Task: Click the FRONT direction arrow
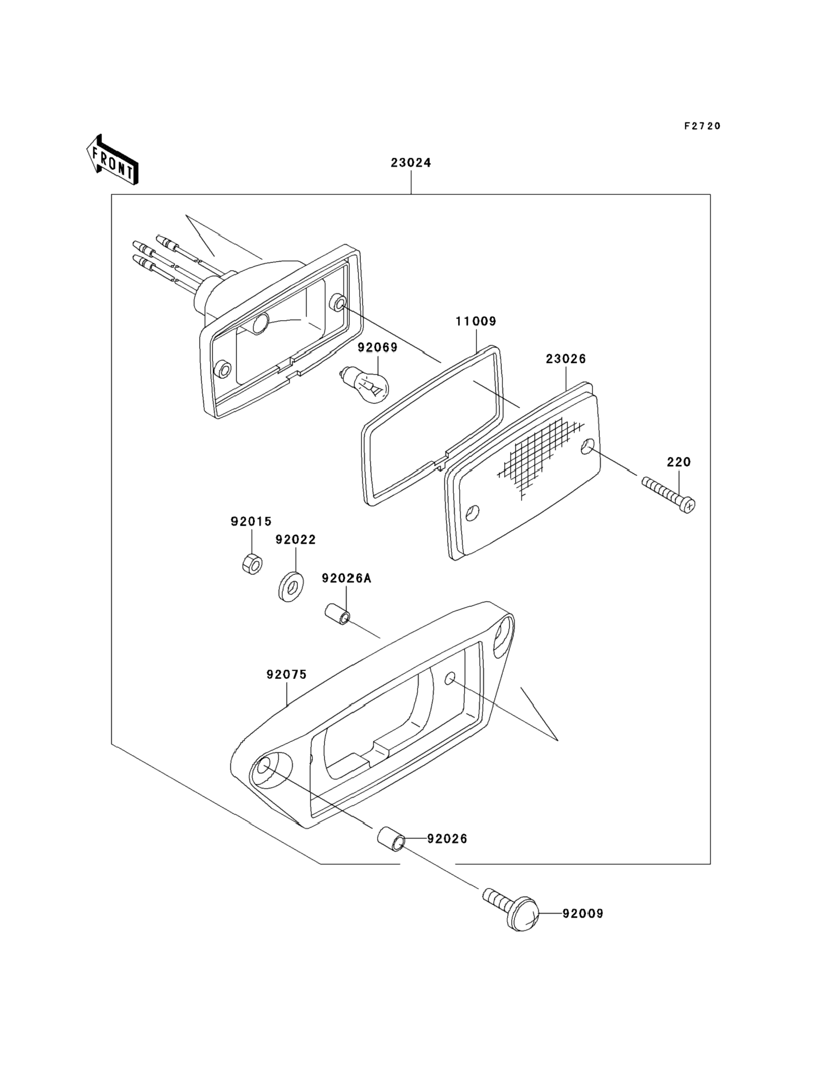point(112,160)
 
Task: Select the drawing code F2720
point(703,126)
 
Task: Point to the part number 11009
point(476,321)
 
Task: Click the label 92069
point(378,347)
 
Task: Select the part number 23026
point(566,359)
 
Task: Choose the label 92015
point(251,521)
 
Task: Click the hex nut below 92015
point(252,564)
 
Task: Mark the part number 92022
point(296,539)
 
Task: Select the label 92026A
point(347,578)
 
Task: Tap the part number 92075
point(286,674)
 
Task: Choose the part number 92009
point(583,913)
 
